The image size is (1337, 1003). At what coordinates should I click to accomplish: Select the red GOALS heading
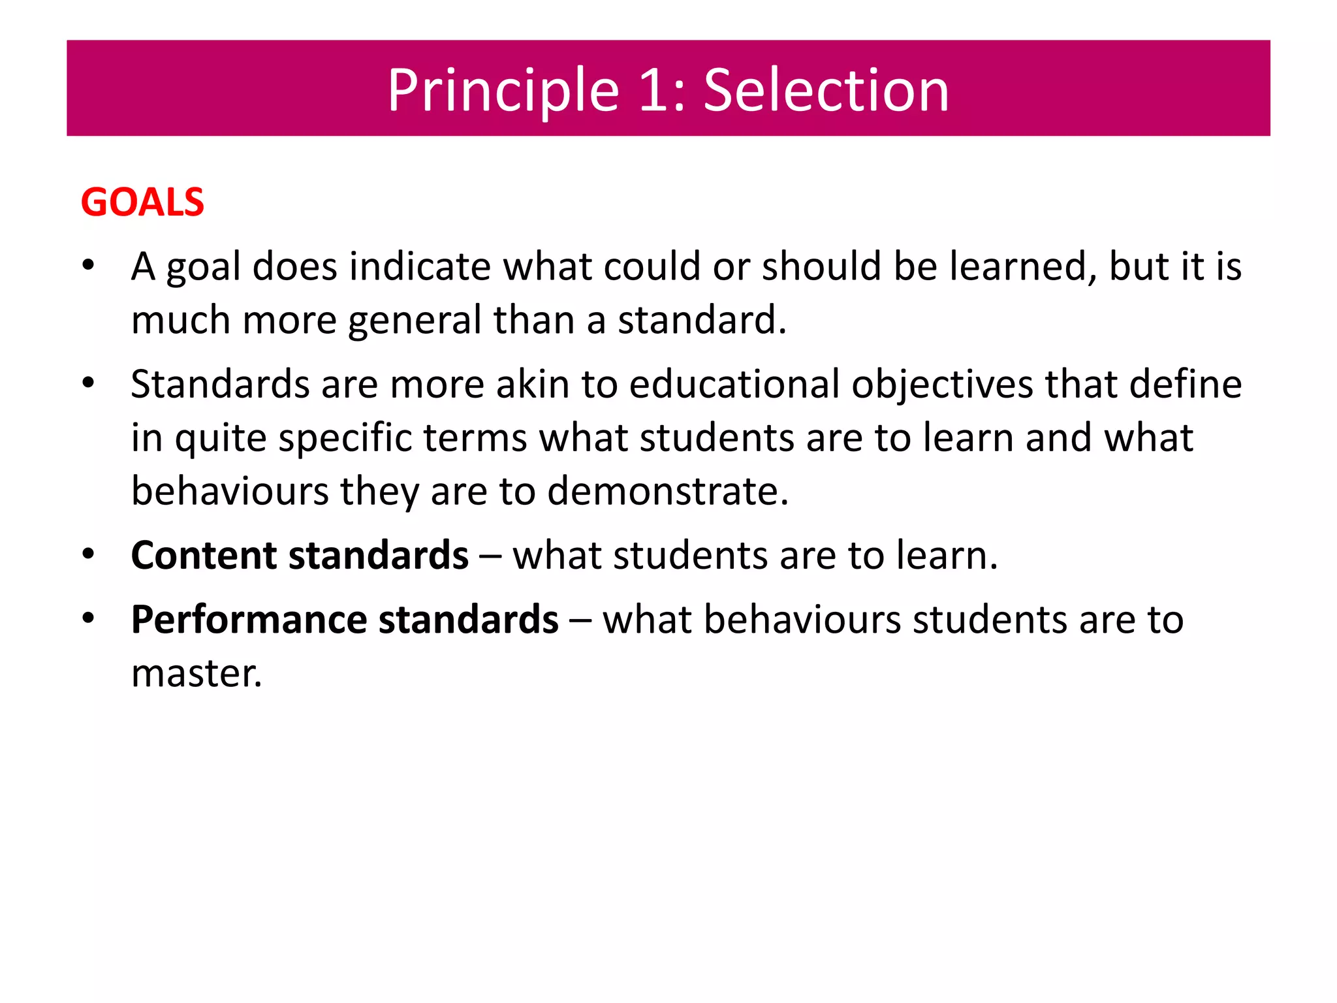[x=142, y=202]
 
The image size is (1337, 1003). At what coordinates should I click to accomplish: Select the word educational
[x=734, y=384]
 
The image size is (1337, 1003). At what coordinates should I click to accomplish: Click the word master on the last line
[x=196, y=673]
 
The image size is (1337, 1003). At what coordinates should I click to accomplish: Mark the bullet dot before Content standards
[x=89, y=554]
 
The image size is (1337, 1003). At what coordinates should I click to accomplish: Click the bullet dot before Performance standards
[x=89, y=618]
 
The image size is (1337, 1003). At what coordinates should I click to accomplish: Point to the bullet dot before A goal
[x=89, y=266]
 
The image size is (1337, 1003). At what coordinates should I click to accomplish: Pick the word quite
[x=221, y=439]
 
